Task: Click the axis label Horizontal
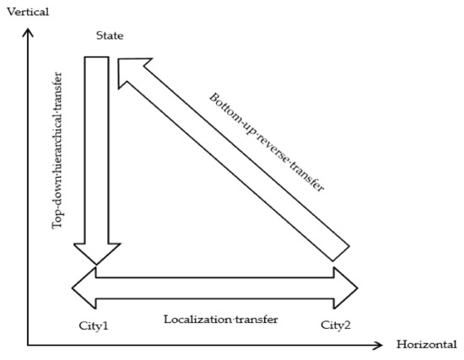[x=426, y=345]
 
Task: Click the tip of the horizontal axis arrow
[x=384, y=345]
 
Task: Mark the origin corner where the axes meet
[x=29, y=345]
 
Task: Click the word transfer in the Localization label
[x=254, y=320]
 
